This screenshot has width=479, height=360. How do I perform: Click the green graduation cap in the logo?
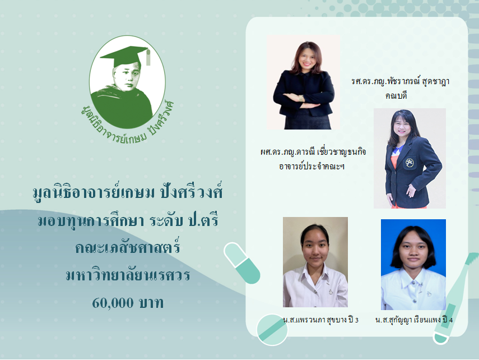click(x=125, y=56)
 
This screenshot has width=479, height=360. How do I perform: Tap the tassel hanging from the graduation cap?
click(x=148, y=57)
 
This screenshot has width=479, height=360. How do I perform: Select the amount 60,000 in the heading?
click(x=113, y=303)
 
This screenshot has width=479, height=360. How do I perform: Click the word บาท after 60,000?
click(x=151, y=303)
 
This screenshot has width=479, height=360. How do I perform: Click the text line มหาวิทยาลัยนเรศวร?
click(x=128, y=275)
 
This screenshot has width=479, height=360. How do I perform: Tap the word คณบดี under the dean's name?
click(x=396, y=96)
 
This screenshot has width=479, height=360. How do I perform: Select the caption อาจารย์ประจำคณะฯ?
click(x=311, y=167)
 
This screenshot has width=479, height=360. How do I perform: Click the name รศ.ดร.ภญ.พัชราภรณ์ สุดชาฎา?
click(x=400, y=82)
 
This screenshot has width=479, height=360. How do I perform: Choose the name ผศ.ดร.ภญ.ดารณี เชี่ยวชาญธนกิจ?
click(x=313, y=152)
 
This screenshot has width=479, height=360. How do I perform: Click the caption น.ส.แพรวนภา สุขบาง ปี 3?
click(x=321, y=320)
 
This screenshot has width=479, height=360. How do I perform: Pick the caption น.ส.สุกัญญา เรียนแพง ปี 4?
click(x=414, y=320)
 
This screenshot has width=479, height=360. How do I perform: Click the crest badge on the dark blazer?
click(x=410, y=163)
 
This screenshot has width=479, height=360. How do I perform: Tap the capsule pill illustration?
click(x=241, y=263)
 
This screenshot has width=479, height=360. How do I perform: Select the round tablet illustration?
click(x=272, y=330)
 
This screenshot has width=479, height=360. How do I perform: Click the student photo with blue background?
click(x=413, y=265)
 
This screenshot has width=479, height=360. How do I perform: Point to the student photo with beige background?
click(x=315, y=262)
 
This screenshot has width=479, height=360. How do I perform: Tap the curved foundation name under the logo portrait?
click(x=127, y=124)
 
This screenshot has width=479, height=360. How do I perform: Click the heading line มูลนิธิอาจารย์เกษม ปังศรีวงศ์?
click(x=128, y=193)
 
